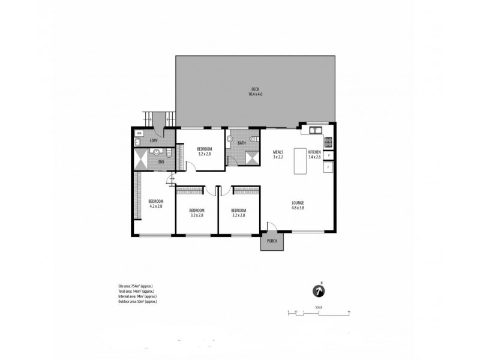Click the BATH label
(x=241, y=143)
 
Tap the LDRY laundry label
(x=153, y=141)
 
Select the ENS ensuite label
(x=160, y=161)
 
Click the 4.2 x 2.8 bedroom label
(x=155, y=203)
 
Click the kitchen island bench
(x=300, y=161)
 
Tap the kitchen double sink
(x=316, y=130)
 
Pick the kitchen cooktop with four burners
(x=329, y=142)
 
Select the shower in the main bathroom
(x=251, y=157)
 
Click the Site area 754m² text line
(x=139, y=287)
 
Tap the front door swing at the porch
(x=271, y=226)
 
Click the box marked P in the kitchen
(x=329, y=156)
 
